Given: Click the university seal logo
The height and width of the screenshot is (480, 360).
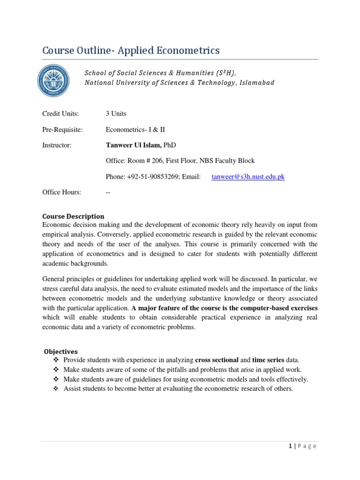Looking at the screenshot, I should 53,78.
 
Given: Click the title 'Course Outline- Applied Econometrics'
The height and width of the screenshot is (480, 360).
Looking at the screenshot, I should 131,50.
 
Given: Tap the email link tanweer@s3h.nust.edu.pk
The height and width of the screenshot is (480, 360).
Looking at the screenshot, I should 248,177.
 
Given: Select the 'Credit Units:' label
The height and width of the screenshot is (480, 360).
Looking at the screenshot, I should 60,113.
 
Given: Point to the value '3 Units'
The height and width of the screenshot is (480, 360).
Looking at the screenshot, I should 116,113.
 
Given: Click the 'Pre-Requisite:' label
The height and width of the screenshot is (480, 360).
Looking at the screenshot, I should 62,129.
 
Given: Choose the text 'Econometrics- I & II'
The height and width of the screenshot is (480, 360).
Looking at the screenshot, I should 135,129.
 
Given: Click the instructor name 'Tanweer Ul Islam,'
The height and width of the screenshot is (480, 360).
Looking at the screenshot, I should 134,145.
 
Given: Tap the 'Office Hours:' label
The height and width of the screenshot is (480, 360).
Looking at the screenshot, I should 61,192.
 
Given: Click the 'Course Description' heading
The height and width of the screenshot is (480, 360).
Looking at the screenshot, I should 73,216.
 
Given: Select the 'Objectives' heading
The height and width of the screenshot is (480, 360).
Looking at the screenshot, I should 61,352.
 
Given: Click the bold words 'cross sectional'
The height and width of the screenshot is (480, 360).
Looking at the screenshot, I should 217,360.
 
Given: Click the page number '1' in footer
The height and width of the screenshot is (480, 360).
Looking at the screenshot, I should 290,446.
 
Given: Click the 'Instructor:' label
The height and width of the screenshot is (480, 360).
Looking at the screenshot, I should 57,145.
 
